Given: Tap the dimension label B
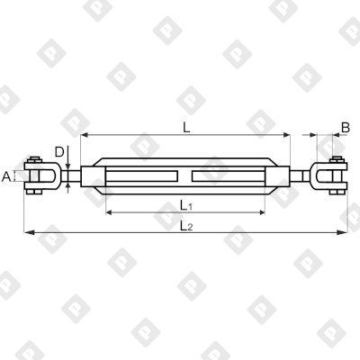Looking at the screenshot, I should tap(346, 129).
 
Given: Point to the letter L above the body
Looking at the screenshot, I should tap(186, 128).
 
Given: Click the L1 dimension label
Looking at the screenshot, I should tap(186, 204).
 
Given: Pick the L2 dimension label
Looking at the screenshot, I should tap(186, 225).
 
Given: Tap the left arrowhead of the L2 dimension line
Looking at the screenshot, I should tap(27, 232).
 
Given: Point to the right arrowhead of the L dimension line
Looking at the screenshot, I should tap(288, 136).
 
